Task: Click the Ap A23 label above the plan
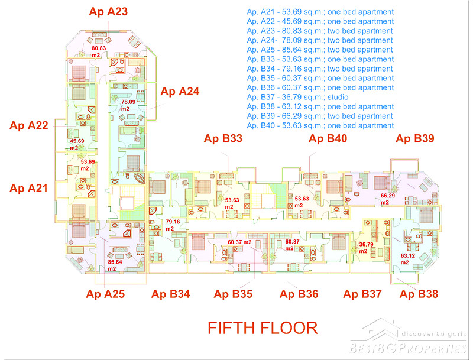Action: click(x=108, y=12)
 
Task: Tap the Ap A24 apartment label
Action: click(x=180, y=92)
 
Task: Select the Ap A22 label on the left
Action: click(x=29, y=125)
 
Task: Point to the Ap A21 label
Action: click(x=28, y=188)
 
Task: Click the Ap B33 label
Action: click(x=223, y=138)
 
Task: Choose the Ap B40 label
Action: click(x=328, y=138)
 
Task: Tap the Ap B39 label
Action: click(x=415, y=138)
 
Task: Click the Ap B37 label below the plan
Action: click(x=362, y=294)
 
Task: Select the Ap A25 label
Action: click(x=105, y=294)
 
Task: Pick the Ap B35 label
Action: click(x=233, y=294)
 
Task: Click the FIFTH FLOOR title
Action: click(x=263, y=328)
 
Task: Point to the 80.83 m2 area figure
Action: click(x=99, y=51)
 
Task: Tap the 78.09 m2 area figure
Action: click(x=128, y=105)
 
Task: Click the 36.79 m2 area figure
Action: click(x=366, y=248)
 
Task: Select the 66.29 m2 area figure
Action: click(x=388, y=199)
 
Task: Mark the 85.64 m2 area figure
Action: click(x=115, y=265)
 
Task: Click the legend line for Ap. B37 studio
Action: click(x=298, y=97)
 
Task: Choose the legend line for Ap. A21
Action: click(x=320, y=12)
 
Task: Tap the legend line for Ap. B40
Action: click(x=320, y=125)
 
